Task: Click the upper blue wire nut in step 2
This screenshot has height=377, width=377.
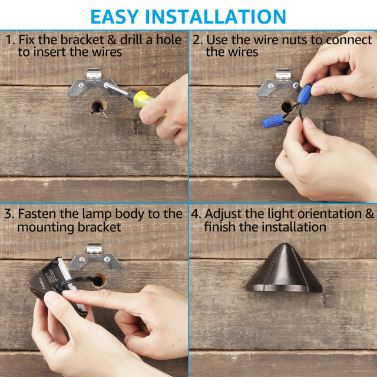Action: point(305,92)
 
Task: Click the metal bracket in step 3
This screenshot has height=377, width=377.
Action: point(96,257)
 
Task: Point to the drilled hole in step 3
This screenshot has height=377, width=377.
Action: point(97,280)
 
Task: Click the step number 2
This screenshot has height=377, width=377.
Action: point(197,40)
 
